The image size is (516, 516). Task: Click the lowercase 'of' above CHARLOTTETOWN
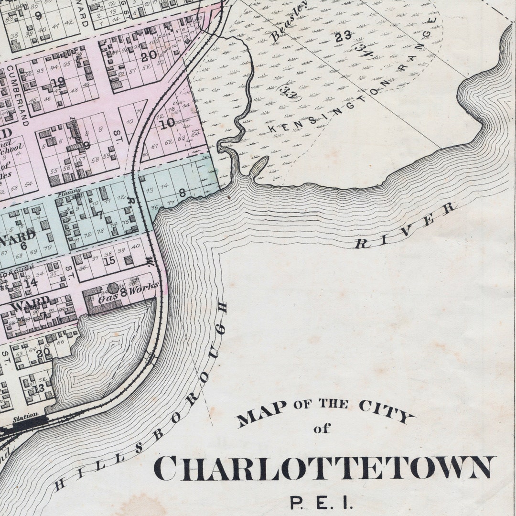tap(322, 429)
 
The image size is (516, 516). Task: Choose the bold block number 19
tap(58, 83)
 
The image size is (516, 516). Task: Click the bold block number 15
tap(110, 261)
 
